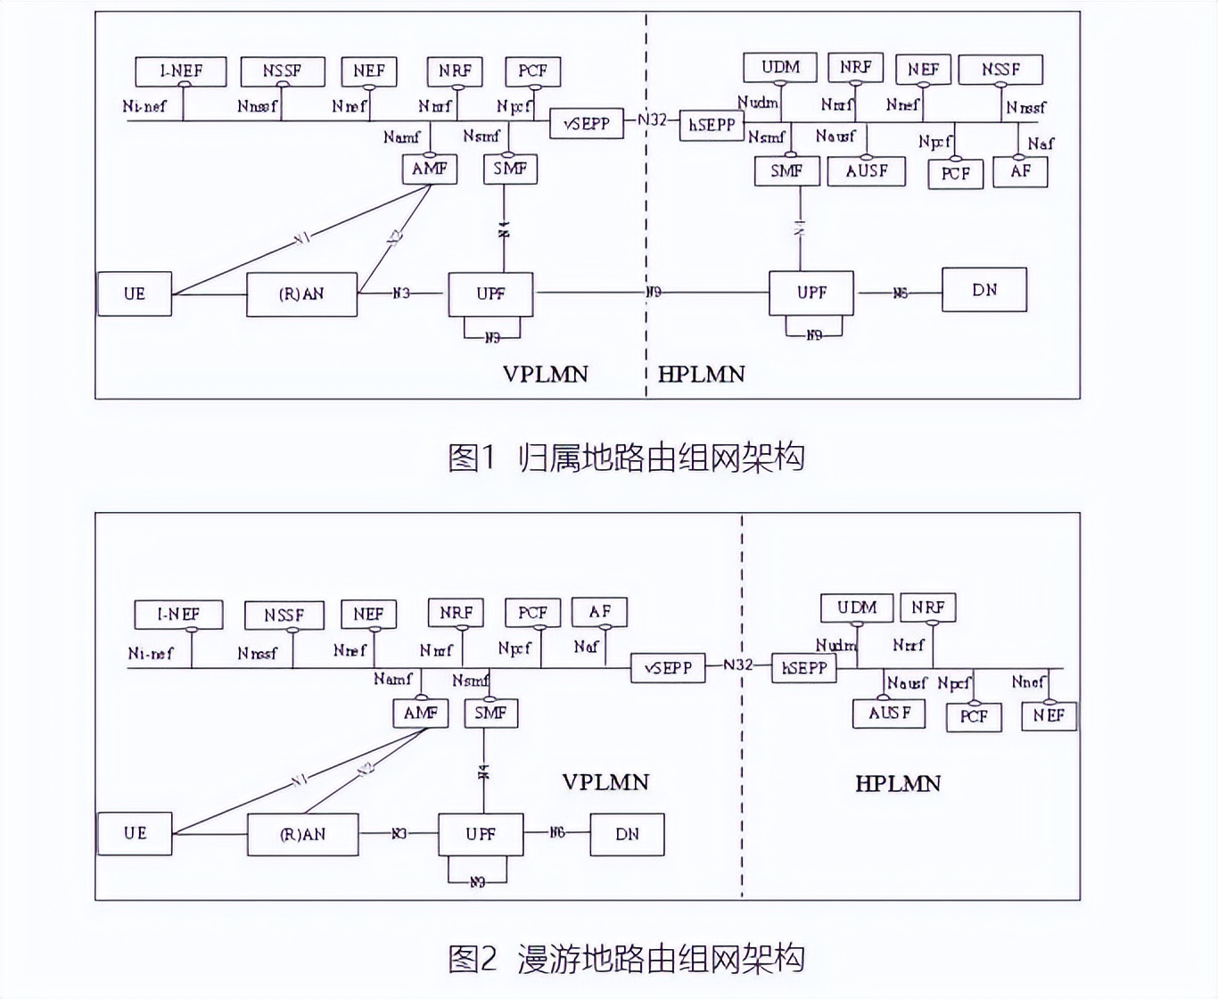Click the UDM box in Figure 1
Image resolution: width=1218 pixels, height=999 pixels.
(779, 68)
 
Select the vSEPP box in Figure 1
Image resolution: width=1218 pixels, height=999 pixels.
(586, 124)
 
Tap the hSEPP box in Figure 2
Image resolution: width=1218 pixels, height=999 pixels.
(804, 668)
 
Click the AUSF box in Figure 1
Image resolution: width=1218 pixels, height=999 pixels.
(866, 171)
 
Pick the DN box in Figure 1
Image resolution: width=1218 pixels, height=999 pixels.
(983, 290)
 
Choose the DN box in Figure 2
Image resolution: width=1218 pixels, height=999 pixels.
(627, 834)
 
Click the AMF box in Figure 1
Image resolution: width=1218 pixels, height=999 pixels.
(429, 169)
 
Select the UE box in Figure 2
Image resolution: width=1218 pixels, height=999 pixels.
(135, 833)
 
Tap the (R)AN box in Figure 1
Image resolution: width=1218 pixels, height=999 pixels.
(301, 293)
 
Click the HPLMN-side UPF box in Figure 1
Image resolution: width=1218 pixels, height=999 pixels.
(811, 293)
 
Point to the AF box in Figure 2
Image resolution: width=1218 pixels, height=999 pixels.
(599, 612)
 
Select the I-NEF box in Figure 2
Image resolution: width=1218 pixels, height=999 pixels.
(178, 615)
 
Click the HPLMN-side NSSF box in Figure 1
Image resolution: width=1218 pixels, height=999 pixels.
(1000, 70)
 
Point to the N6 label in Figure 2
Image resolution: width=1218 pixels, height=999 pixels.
(556, 832)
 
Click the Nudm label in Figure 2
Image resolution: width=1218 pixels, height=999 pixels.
(835, 645)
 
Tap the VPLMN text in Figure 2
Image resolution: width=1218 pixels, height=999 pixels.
(605, 782)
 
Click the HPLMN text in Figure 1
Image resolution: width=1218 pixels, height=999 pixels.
(701, 374)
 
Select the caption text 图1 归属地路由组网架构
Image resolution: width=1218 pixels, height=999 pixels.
(626, 458)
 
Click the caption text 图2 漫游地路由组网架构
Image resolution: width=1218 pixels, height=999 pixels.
(626, 959)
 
